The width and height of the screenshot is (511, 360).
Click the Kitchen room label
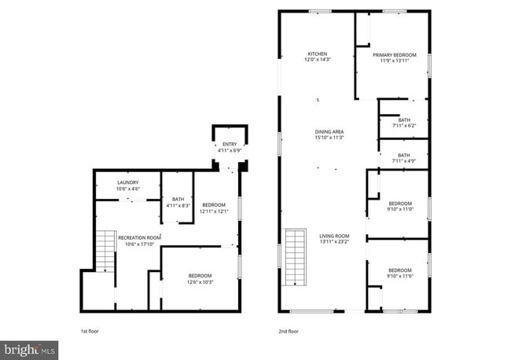click(x=317, y=53)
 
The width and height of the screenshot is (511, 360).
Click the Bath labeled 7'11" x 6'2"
click(x=403, y=120)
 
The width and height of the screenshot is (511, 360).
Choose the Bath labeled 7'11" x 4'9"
click(x=403, y=156)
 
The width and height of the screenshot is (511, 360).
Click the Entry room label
click(x=229, y=144)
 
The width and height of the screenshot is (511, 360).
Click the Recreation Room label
click(x=139, y=237)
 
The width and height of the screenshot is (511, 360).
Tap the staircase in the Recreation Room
click(x=105, y=252)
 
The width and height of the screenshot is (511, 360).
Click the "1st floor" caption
click(x=90, y=331)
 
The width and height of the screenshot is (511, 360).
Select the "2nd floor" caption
click(x=289, y=331)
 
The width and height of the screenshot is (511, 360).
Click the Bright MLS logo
click(x=28, y=347)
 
